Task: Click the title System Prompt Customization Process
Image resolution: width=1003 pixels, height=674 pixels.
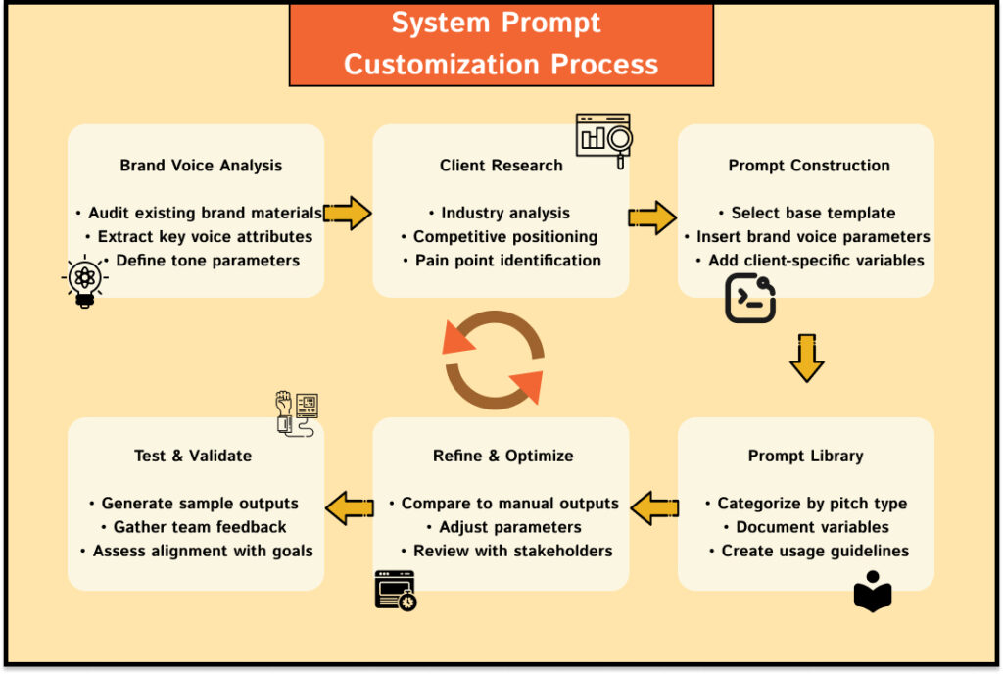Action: point(501,44)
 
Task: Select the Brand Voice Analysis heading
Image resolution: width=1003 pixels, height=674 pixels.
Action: point(200,166)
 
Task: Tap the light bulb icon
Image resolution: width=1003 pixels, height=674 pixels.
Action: point(85,282)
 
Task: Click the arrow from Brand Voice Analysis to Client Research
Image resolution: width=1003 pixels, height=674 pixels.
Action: point(347,213)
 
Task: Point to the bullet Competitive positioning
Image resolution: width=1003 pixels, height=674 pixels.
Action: point(501,236)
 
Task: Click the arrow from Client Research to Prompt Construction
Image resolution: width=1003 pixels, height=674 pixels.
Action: point(652,217)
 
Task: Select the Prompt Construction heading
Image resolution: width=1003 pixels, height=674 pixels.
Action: point(809,166)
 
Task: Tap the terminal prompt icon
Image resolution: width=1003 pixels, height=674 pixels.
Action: point(750,299)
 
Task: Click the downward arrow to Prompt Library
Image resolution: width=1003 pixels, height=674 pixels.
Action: point(807,358)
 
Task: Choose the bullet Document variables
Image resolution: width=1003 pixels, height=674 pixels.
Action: point(806,527)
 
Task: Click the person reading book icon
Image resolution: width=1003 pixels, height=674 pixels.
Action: point(873,592)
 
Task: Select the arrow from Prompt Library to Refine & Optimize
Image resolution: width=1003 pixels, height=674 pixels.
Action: point(654,508)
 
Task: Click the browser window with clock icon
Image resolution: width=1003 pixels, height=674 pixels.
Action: point(396,590)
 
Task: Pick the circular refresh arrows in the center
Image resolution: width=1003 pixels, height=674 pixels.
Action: point(494,360)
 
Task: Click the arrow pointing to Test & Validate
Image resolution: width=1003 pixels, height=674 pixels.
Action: point(349,506)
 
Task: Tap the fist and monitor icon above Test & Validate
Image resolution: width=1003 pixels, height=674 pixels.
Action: point(297,412)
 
